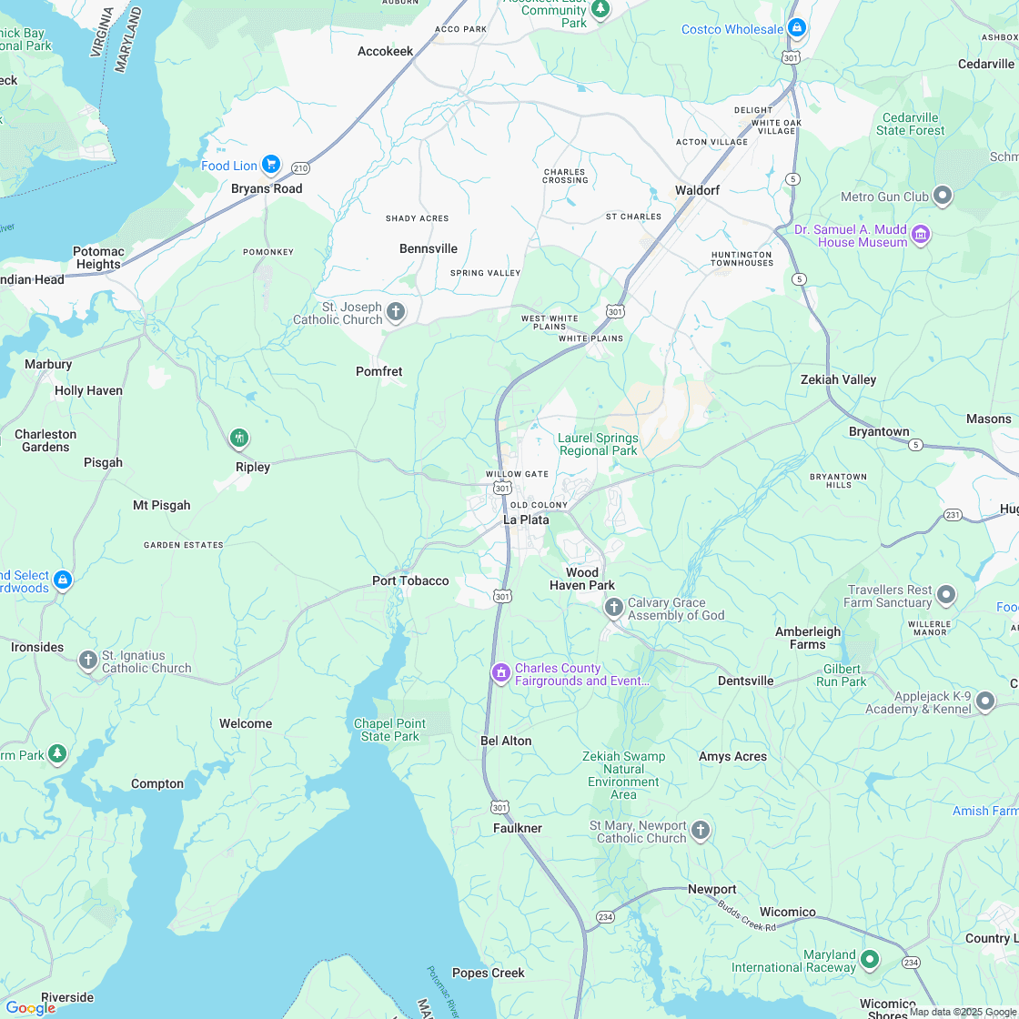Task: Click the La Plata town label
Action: pyautogui.click(x=526, y=520)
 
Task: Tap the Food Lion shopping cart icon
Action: pyautogui.click(x=270, y=165)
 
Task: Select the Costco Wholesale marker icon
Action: pyautogui.click(x=797, y=28)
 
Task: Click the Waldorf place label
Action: pyautogui.click(x=697, y=190)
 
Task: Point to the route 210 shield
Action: pyautogui.click(x=300, y=168)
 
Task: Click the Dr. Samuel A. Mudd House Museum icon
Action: pyautogui.click(x=921, y=235)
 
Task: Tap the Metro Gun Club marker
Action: pyautogui.click(x=943, y=196)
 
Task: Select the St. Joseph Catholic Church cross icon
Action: pyautogui.click(x=396, y=312)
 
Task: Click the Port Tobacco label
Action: pyautogui.click(x=410, y=580)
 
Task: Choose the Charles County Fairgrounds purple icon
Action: pyautogui.click(x=500, y=673)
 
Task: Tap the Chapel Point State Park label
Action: pyautogui.click(x=389, y=730)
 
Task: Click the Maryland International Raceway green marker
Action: pyautogui.click(x=870, y=959)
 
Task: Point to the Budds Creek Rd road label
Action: pyautogui.click(x=746, y=915)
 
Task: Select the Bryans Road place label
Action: pyautogui.click(x=267, y=188)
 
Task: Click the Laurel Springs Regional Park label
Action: pyautogui.click(x=598, y=444)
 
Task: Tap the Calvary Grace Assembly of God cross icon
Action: pyautogui.click(x=613, y=607)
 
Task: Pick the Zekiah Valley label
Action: pyautogui.click(x=838, y=379)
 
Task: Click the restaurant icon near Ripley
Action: pyautogui.click(x=239, y=439)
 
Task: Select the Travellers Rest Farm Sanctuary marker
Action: pyautogui.click(x=946, y=595)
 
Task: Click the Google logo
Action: pyautogui.click(x=30, y=1007)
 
